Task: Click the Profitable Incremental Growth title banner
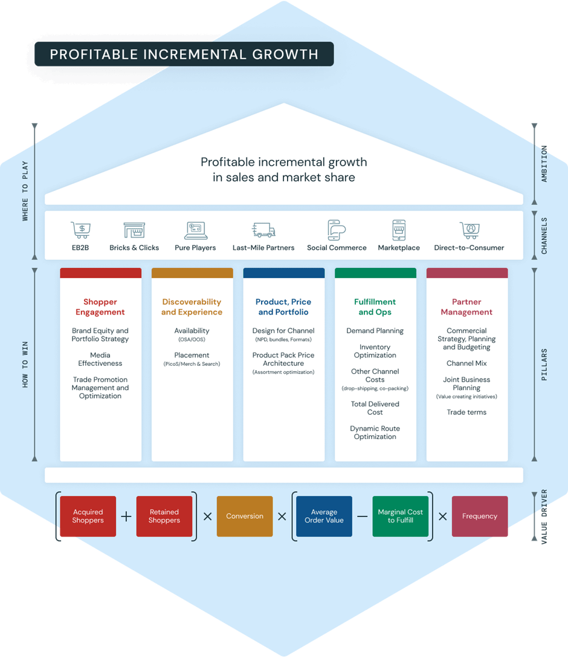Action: tap(184, 54)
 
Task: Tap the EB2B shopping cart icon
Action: tap(80, 230)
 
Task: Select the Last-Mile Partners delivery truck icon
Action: tap(263, 230)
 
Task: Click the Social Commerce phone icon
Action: tap(337, 230)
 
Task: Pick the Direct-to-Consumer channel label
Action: tap(469, 247)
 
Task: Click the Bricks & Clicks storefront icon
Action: tap(134, 230)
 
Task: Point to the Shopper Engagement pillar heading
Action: tap(100, 307)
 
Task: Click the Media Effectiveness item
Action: tap(100, 359)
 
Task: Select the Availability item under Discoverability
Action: tap(192, 331)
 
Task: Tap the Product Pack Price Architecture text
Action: tap(283, 359)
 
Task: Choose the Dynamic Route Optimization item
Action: tap(375, 432)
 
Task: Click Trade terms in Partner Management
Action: tap(466, 412)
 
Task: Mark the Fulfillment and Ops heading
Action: tap(375, 307)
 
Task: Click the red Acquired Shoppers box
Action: tap(88, 516)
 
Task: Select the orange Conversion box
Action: tap(245, 516)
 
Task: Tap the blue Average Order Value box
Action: tap(324, 516)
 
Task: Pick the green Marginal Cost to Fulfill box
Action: tap(401, 516)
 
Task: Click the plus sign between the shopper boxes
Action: tap(126, 516)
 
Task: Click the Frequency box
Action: tap(480, 516)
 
